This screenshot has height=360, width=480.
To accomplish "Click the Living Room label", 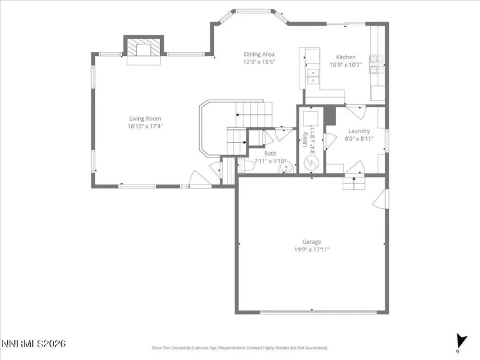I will (x=145, y=118).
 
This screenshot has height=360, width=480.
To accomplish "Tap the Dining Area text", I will (x=259, y=54).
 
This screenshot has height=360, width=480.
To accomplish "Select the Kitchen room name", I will (x=346, y=57).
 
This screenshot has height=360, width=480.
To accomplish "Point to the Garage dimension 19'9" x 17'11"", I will (x=312, y=249).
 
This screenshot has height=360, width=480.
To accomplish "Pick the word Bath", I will (x=269, y=154).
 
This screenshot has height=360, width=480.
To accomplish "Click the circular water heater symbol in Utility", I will (x=310, y=163).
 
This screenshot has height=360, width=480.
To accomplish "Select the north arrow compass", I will (x=460, y=341).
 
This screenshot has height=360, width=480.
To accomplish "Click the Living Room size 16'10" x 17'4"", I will (x=145, y=127).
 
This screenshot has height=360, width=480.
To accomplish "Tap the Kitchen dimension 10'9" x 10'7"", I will (x=346, y=64).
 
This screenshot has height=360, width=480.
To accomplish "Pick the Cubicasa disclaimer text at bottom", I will (x=240, y=348).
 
